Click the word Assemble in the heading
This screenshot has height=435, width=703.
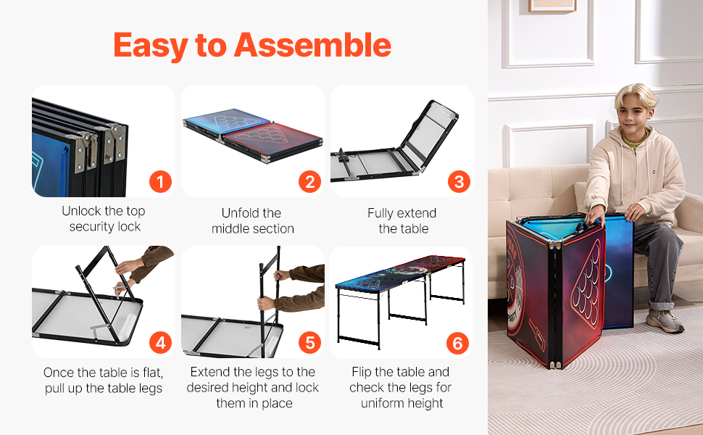(x=312, y=45)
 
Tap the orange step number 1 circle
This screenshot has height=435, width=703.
(x=160, y=182)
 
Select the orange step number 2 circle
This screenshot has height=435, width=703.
(x=309, y=182)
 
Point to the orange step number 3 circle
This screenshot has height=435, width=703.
(x=459, y=182)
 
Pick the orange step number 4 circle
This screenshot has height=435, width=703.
(x=160, y=343)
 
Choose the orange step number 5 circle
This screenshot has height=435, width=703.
(x=309, y=343)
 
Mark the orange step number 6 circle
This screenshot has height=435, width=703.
(x=458, y=343)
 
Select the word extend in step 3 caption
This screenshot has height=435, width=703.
(x=416, y=213)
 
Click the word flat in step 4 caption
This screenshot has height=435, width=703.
(x=151, y=373)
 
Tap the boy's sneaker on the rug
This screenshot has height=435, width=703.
(x=665, y=320)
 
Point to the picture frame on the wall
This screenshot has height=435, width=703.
(x=552, y=5)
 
